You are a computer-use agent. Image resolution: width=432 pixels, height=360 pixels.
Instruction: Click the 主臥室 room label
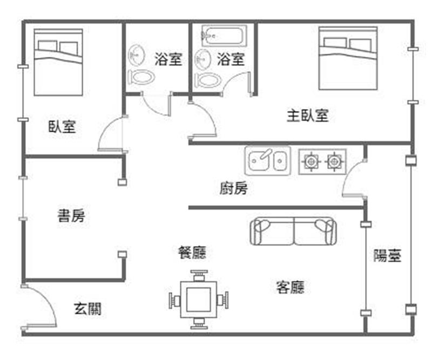[x=307, y=115]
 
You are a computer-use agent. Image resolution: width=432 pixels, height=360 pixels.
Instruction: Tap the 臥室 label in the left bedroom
[x=62, y=127]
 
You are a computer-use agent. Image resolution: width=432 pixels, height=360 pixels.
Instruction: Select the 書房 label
[x=71, y=216]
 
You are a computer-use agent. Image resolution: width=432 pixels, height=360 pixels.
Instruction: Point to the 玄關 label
[x=87, y=309]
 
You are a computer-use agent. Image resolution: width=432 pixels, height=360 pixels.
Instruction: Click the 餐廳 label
[x=192, y=252]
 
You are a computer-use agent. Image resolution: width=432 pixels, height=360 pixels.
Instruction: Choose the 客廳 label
[x=290, y=287]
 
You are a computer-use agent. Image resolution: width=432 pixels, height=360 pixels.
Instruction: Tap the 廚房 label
[x=233, y=188]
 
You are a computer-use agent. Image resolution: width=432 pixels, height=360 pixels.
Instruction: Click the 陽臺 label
[x=387, y=256]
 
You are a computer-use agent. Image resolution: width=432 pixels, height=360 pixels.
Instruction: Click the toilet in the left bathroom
[x=142, y=77]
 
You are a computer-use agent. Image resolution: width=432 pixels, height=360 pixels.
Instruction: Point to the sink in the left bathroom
[x=137, y=55]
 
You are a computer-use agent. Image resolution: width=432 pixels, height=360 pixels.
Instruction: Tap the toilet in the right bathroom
[x=208, y=80]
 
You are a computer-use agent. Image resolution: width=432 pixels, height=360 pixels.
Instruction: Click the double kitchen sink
[x=267, y=160]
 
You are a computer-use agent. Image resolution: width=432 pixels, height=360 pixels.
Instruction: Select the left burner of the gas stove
[x=311, y=160]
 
